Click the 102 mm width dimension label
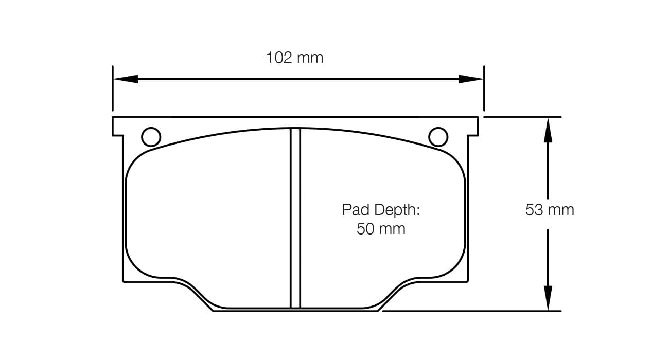pos(294,58)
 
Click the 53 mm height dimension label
pos(549,210)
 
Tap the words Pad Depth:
pos(381,210)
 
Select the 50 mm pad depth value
pos(381,228)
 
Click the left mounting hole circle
pos(151,137)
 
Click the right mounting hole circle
pos(438,137)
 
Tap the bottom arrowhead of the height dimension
pos(549,298)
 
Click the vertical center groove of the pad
pos(295,219)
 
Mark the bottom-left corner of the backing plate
pos(124,281)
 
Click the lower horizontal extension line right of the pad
pos(471,311)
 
